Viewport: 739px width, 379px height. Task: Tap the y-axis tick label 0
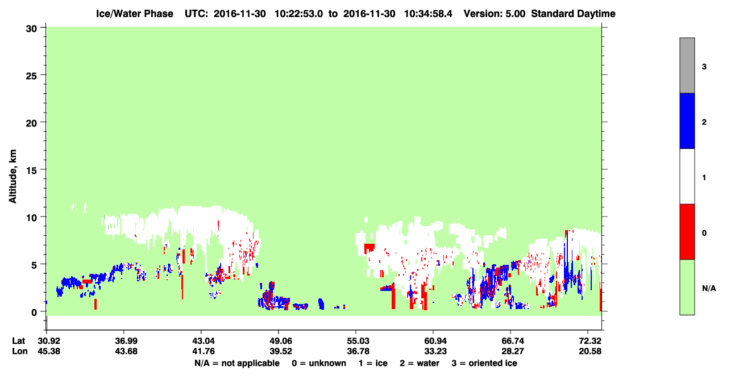coord(34,313)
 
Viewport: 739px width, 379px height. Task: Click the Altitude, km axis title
coord(13,177)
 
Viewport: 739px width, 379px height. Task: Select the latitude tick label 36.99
coord(126,341)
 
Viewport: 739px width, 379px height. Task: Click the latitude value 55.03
coord(358,341)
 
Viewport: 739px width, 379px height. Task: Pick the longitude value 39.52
coord(281,351)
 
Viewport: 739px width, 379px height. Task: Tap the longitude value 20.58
coord(590,351)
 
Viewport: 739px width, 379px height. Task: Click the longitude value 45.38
coord(49,351)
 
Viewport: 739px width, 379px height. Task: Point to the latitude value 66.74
coord(513,341)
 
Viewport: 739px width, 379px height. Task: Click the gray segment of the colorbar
coord(687,65)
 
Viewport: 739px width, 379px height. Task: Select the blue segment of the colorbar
coord(687,120)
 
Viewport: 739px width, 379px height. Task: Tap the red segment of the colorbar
coord(687,232)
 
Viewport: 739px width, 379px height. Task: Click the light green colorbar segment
coord(687,287)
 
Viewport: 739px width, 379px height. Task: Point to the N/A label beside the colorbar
coord(709,289)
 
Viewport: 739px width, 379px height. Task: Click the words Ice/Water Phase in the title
coord(135,14)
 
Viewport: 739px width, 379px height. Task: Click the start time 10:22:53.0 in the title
coord(298,14)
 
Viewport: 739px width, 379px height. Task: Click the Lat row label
coord(18,341)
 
